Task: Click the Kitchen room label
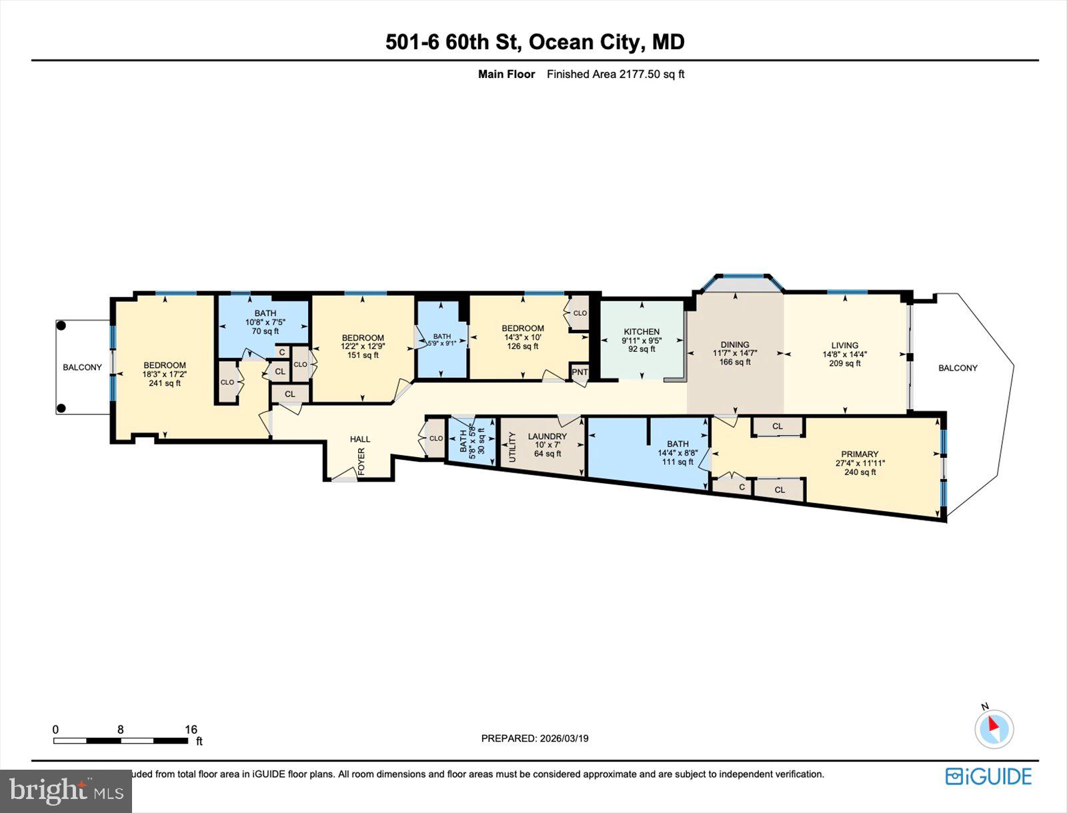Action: (642, 331)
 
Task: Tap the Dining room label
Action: (735, 345)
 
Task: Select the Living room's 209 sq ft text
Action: (844, 364)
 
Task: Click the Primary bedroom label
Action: (860, 454)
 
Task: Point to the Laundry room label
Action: (547, 436)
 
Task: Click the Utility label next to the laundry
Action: (513, 447)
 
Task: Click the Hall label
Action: (360, 439)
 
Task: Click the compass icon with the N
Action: (994, 728)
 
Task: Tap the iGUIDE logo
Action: (988, 776)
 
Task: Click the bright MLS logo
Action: (65, 791)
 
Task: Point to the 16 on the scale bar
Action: (191, 730)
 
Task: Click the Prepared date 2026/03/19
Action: (535, 738)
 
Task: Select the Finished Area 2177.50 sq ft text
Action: (616, 74)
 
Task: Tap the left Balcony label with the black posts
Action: (82, 367)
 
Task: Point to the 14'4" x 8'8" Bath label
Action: (678, 452)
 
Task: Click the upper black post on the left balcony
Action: (61, 326)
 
